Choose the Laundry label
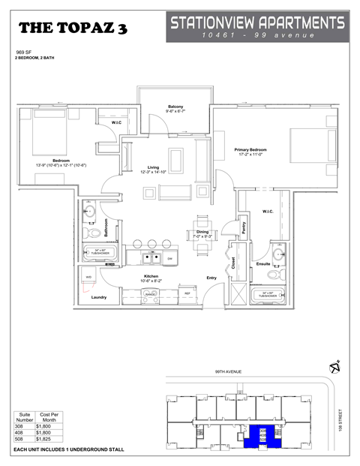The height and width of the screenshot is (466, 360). click(99, 298)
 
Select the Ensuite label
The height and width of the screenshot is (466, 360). click(263, 264)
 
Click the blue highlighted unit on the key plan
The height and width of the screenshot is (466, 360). click(263, 434)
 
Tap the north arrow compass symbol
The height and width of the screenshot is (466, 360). click(334, 367)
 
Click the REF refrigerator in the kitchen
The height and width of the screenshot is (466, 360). click(187, 293)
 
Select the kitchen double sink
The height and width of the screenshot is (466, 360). click(151, 259)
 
